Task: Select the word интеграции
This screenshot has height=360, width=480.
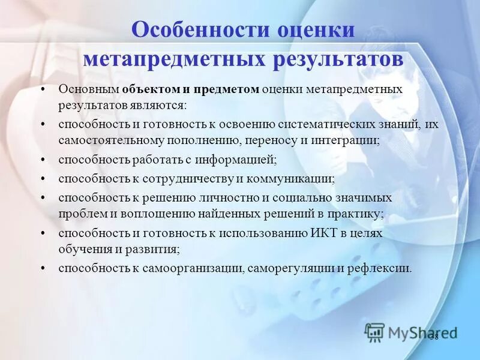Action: [350, 140]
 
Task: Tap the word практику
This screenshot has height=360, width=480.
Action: [355, 213]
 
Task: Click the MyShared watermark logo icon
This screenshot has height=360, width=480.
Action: [375, 332]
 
